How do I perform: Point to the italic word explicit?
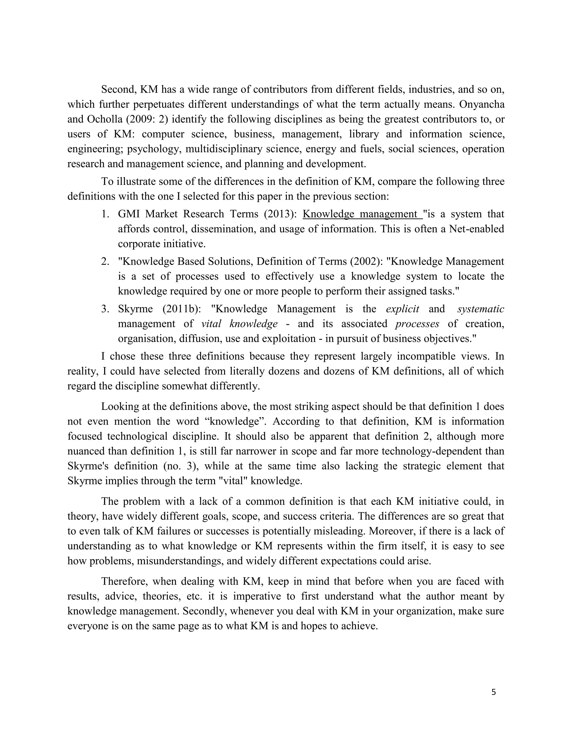click(403, 309)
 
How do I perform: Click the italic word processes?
click(417, 324)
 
